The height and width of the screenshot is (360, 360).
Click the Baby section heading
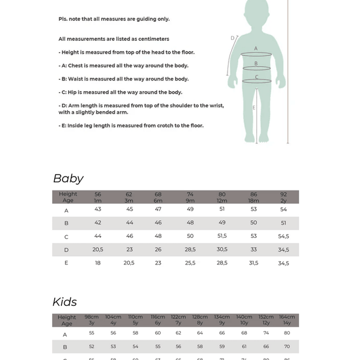pos(68,178)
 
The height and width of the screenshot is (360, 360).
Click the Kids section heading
pos(65,302)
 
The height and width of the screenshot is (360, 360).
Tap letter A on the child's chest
pos(256,49)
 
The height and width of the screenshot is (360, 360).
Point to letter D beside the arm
pos(233,38)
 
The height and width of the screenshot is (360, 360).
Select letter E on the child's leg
pos(254,108)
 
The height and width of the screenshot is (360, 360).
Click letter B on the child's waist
pos(256,63)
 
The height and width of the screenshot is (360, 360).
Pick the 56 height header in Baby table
pos(98,194)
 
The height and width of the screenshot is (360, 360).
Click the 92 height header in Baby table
pos(283,194)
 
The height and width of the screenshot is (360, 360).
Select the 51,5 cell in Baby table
pos(222,236)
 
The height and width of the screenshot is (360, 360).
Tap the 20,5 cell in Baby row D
pos(98,249)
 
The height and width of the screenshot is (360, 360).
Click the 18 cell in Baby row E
pos(98,263)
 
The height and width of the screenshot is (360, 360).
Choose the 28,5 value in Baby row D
pos(190,249)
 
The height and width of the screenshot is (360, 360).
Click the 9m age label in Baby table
pos(190,201)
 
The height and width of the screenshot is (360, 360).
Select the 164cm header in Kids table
pos(287,317)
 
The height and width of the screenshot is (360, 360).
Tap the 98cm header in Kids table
pos(92,317)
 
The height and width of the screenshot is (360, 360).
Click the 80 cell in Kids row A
pos(287,333)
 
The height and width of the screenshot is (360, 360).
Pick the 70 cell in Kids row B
pos(287,347)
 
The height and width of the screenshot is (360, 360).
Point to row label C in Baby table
pos(66,236)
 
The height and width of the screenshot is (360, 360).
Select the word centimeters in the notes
pos(153,39)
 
